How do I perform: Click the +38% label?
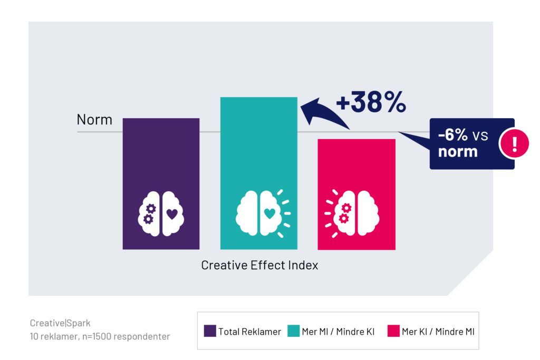point(371,102)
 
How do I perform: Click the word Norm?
point(94,120)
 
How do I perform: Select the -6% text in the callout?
point(452,134)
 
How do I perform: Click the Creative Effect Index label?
point(259,265)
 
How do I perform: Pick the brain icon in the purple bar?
point(161,213)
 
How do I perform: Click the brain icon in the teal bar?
point(263,213)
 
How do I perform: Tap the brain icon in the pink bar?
point(352,213)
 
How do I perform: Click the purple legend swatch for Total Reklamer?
point(210,330)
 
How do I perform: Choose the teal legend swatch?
point(293,330)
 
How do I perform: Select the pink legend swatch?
point(393,330)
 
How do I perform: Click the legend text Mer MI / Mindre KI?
point(338,332)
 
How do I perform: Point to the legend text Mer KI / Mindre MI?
point(438,332)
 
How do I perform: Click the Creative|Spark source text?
point(60,323)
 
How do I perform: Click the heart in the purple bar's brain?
point(172,213)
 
